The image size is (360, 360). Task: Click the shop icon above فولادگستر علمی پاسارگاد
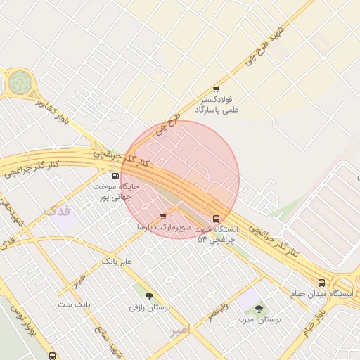tap(216, 89)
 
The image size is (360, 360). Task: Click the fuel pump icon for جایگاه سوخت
tap(115, 176)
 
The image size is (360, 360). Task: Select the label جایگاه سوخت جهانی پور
tap(112, 193)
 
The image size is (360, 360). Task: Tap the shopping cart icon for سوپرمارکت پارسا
tap(163, 217)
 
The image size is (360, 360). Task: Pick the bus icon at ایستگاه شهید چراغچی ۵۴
tap(216, 218)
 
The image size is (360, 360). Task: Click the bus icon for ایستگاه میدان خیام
tap(321, 283)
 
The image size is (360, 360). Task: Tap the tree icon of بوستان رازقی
tap(148, 296)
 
